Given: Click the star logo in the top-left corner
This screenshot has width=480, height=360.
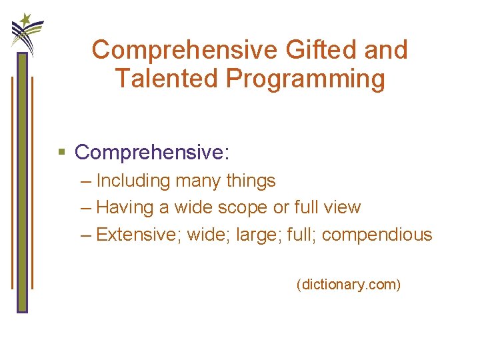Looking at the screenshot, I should [27, 30].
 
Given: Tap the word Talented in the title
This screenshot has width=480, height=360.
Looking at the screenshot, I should [167, 79].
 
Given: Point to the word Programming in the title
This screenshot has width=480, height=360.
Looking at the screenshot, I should [305, 79].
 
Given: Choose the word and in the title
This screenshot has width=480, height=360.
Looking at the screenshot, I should [385, 49].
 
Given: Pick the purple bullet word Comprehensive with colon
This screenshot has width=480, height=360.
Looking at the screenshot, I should [152, 152].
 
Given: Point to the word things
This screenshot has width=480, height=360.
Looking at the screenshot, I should [251, 181].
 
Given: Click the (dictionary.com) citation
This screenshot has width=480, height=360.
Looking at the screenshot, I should [349, 285].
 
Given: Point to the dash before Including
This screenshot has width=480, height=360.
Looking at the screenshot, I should [85, 181].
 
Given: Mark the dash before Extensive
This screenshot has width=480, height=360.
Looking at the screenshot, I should [85, 235].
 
